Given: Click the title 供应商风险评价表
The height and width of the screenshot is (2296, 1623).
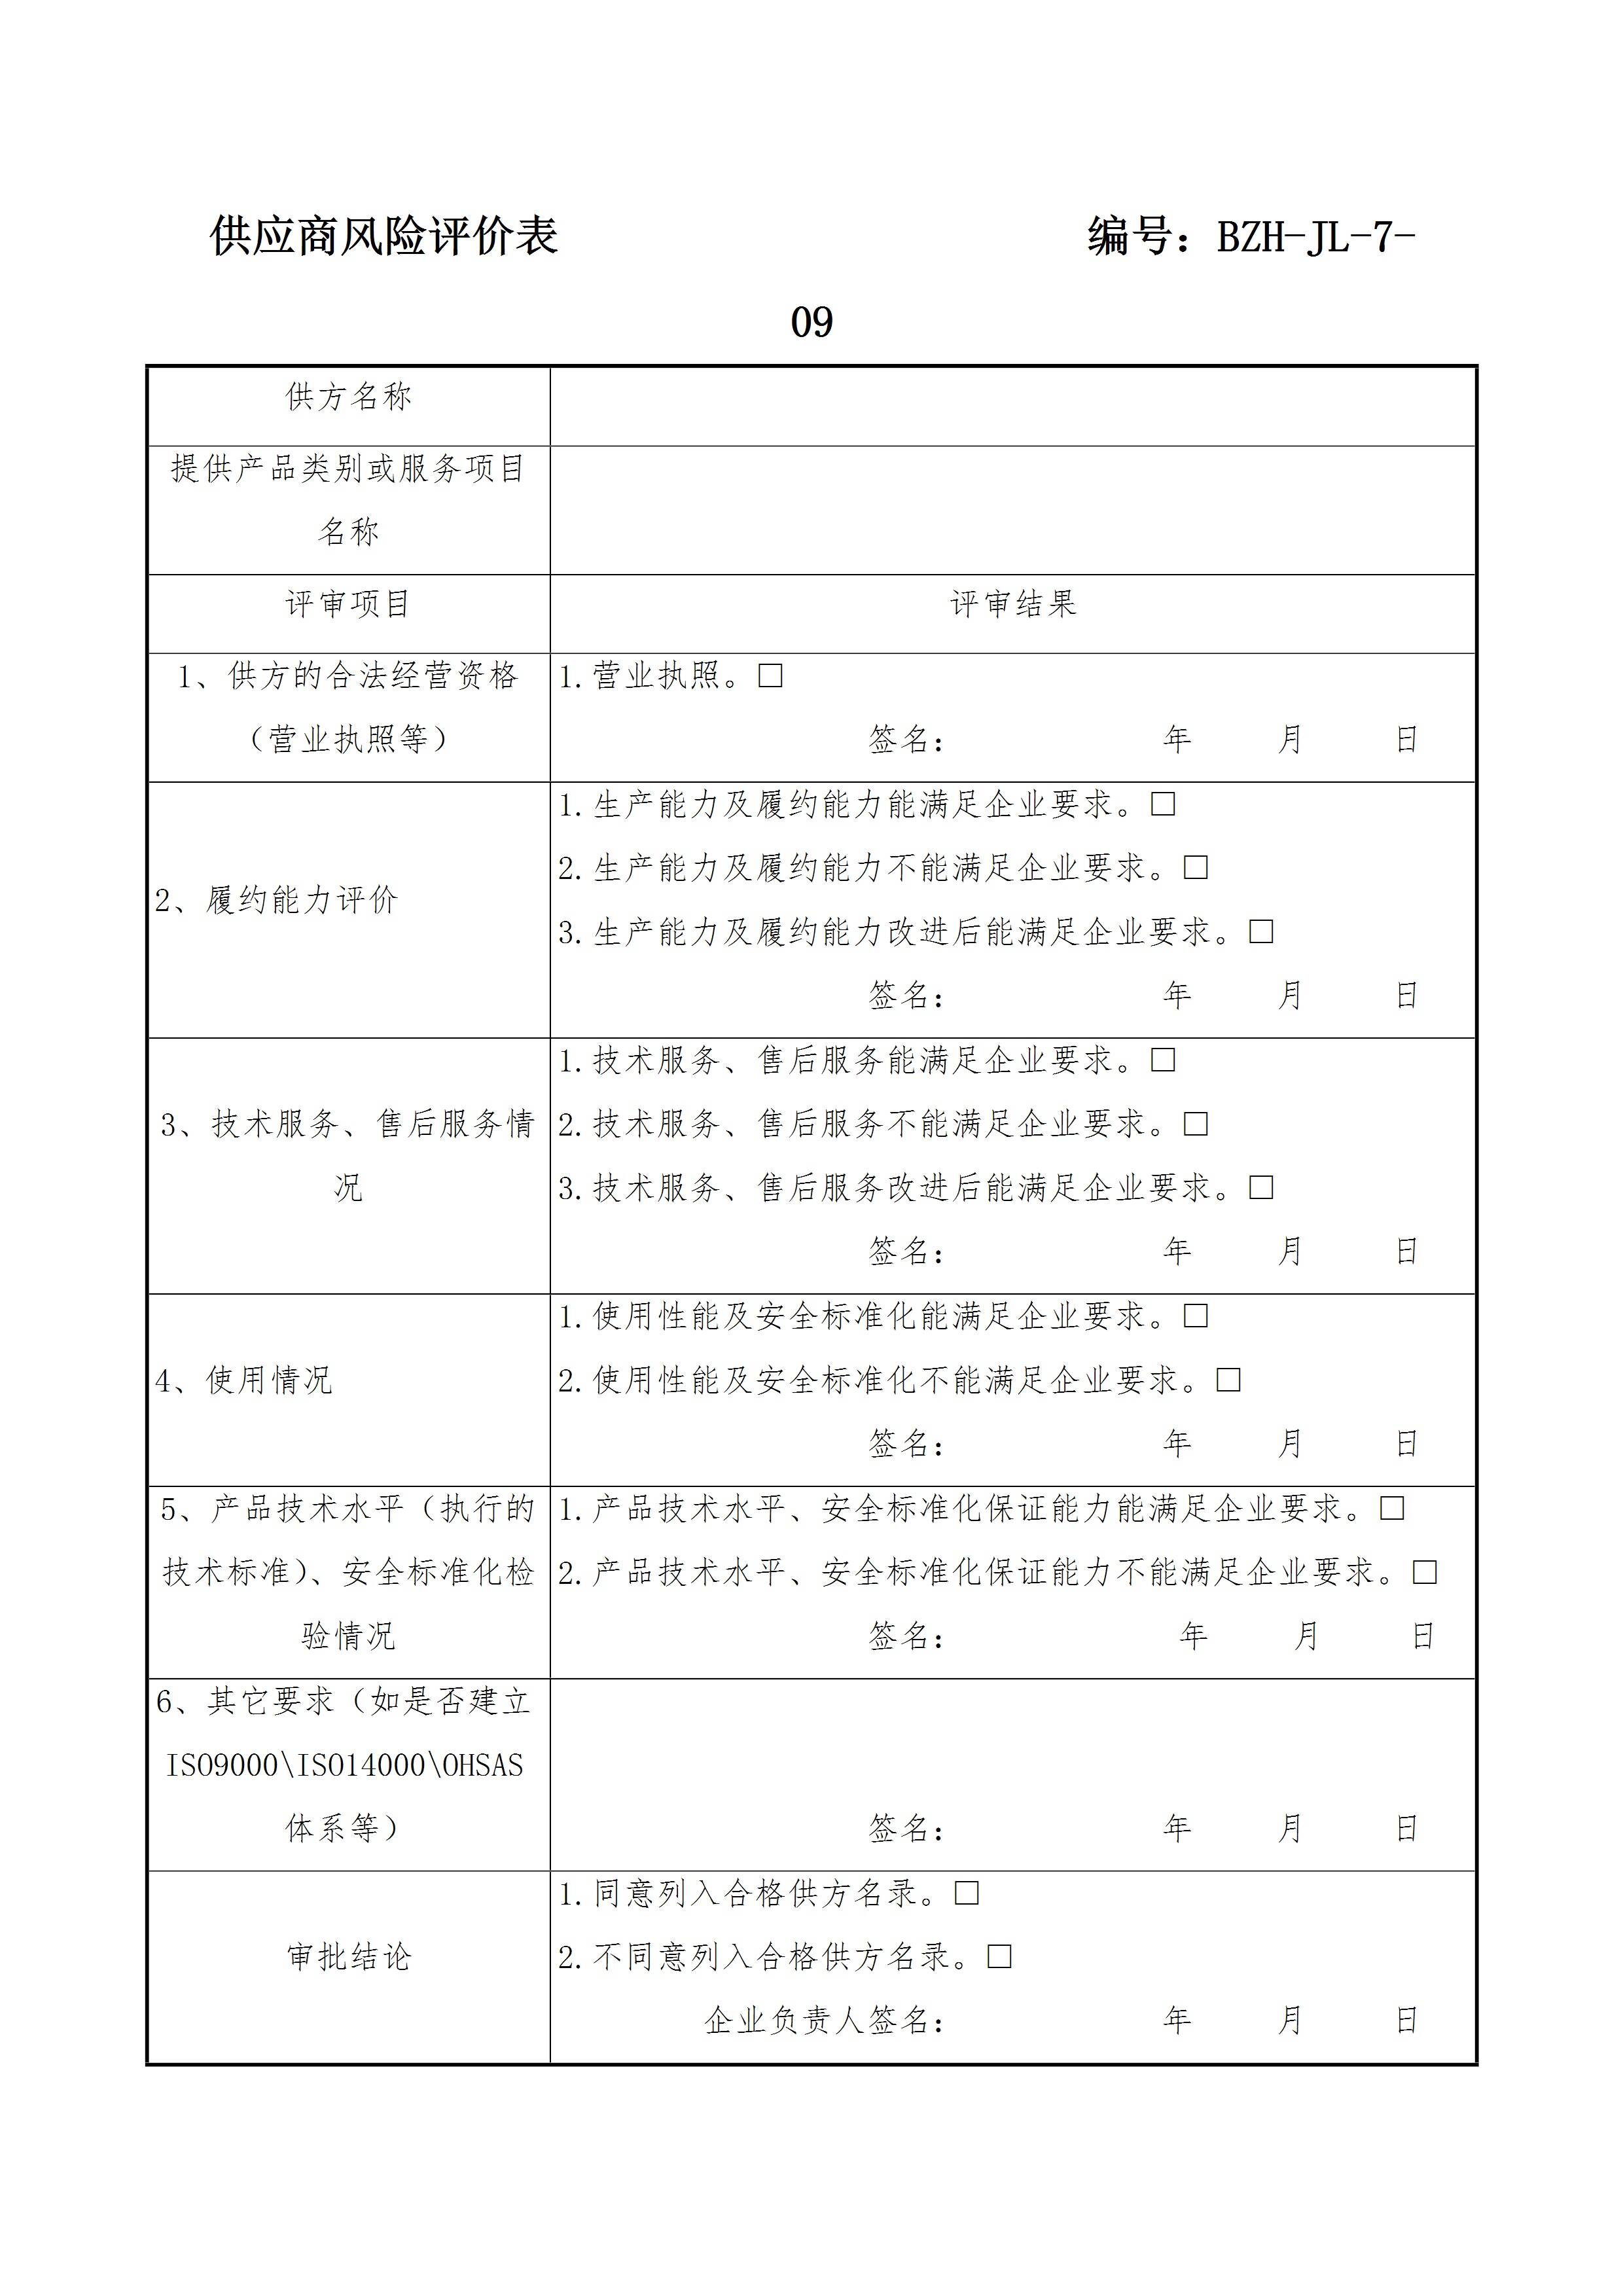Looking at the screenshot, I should [383, 237].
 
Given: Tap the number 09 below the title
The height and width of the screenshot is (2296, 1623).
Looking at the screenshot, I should [811, 322].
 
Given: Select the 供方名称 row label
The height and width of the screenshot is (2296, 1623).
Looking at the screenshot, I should [348, 397].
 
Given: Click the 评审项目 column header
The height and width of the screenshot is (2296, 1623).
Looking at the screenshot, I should [348, 604].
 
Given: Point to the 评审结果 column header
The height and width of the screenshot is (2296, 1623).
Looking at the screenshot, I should [1012, 604].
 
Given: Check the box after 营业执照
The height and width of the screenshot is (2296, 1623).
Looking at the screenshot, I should [770, 676].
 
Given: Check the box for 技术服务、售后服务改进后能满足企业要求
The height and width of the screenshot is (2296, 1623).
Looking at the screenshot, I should [1261, 1188].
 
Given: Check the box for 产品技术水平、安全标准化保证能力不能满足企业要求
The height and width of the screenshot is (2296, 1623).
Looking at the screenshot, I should [1424, 1573].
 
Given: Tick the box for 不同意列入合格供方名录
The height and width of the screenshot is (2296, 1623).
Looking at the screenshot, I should [999, 1957].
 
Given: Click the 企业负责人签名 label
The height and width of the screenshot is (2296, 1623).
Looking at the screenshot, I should [824, 2021].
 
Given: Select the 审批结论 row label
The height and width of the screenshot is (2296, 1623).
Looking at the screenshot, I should [348, 1957].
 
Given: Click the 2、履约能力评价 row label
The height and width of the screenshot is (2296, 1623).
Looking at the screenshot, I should [276, 900].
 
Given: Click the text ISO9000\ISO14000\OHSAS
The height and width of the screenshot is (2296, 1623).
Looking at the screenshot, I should [344, 1765].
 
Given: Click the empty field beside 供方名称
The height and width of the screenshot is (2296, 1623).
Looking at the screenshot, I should [1012, 405].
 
